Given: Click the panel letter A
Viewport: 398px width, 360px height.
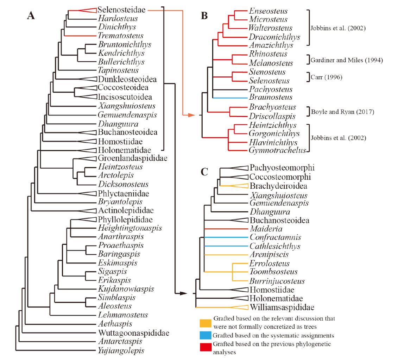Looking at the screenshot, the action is [31, 15].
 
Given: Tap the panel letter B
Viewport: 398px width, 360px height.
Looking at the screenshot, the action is [204, 15].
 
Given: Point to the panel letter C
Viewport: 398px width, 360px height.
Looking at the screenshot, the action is [204, 172].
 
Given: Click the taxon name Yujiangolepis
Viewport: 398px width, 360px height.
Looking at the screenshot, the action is [121, 351].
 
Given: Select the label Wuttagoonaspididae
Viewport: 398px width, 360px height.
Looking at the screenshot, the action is [134, 333].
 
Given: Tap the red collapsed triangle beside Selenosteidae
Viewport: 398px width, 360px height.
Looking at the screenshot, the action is [87, 10].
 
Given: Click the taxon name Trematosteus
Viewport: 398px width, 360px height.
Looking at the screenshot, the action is [121, 36].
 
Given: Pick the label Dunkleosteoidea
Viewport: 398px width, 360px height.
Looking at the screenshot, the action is [127, 79].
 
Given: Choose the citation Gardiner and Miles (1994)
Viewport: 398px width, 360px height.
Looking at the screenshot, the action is [347, 60].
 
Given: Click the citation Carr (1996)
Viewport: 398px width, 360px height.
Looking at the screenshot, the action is [327, 77].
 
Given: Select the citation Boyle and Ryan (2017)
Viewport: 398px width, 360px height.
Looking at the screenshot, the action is [343, 112].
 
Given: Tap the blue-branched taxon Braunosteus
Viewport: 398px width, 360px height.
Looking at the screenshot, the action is [271, 97].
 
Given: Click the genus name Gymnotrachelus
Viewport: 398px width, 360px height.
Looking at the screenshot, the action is [277, 150].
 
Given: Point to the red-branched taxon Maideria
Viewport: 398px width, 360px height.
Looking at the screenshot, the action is [266, 229].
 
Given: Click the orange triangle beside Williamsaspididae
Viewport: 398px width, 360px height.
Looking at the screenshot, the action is [239, 307].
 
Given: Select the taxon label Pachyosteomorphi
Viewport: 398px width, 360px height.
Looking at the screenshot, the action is [282, 168].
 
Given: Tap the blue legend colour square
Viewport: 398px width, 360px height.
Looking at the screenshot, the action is [206, 335].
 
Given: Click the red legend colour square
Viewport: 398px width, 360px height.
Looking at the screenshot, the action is [206, 347].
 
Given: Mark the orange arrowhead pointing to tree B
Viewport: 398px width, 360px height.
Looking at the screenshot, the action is [192, 115].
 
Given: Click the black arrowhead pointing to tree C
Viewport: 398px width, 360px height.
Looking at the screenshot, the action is [184, 293].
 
